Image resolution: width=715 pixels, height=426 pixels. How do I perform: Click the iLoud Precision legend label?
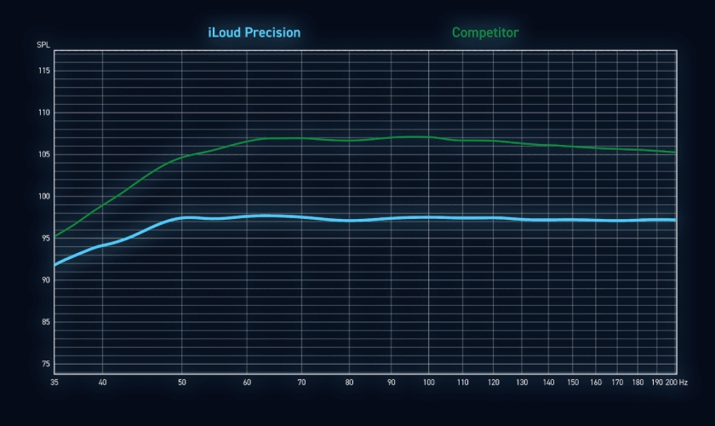(254, 32)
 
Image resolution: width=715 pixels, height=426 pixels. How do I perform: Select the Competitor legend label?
(485, 32)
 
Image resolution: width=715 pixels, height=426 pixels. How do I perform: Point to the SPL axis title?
(43, 44)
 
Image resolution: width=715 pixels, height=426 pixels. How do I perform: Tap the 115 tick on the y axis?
(43, 71)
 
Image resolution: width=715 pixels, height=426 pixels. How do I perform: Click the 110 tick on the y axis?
(43, 112)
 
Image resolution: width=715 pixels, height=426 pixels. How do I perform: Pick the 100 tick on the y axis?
(43, 196)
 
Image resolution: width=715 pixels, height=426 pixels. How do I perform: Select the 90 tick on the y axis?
(45, 280)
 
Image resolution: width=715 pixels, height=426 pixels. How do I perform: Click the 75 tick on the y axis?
(45, 364)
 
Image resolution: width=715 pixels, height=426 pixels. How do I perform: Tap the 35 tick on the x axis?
(55, 383)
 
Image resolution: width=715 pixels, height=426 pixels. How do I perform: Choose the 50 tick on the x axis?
(181, 383)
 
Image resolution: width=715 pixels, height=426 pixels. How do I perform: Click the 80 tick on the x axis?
(349, 383)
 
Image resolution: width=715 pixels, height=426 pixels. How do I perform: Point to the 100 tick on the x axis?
(428, 383)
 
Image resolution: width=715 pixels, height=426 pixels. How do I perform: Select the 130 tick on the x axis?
(522, 383)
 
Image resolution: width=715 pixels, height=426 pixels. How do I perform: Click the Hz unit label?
(683, 383)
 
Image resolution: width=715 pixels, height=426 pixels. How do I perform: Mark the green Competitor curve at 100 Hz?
(428, 136)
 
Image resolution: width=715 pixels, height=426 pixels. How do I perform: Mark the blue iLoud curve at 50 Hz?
(181, 218)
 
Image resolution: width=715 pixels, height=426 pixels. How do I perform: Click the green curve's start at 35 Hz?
(55, 236)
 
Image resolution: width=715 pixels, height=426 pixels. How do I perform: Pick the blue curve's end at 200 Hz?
(676, 220)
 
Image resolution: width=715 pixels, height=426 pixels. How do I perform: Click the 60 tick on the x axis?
(247, 383)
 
